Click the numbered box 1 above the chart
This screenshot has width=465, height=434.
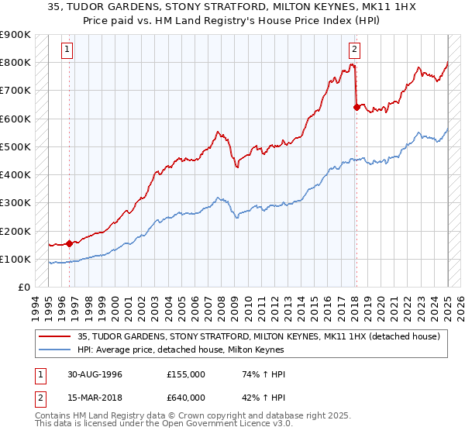tap(68, 50)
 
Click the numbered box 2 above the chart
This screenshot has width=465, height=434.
tap(354, 50)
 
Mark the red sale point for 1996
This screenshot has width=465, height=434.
tap(70, 243)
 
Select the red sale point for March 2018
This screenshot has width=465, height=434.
tap(356, 107)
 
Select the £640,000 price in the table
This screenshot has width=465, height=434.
tap(187, 398)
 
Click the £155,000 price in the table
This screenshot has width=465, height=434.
tap(187, 374)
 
